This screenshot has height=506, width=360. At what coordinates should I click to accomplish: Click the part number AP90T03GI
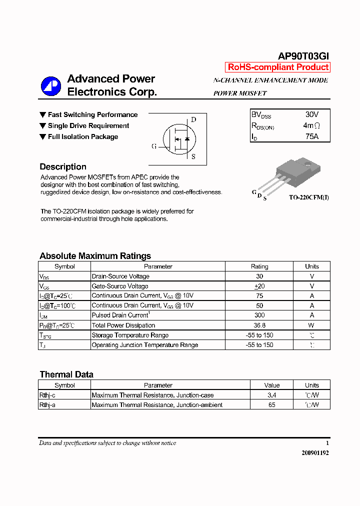tap(303, 56)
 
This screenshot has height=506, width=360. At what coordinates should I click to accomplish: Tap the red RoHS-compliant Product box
tap(278, 67)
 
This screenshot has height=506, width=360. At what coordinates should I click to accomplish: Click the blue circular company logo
tap(50, 86)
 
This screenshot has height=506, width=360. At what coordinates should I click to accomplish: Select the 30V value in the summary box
tap(311, 114)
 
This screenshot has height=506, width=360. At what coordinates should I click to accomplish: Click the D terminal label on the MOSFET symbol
tap(193, 119)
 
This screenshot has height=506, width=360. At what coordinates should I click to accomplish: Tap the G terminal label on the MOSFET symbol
tap(154, 146)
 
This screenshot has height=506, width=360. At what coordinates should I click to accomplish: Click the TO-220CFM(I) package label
tap(308, 197)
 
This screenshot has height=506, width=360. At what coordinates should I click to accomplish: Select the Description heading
tap(63, 167)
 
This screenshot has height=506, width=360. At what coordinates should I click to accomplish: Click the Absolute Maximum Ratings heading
tap(95, 256)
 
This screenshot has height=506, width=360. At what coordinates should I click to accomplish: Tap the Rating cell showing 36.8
tap(259, 325)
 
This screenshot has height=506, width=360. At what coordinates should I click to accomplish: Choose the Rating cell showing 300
tap(259, 315)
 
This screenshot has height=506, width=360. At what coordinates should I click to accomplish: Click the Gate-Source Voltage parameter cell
tap(120, 286)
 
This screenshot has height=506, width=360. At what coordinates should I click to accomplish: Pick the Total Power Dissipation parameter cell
tap(123, 325)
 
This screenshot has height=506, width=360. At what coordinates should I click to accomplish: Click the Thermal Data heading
tap(66, 374)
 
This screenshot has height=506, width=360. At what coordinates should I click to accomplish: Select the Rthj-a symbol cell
tap(47, 405)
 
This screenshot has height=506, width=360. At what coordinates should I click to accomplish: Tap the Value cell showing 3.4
tap(272, 395)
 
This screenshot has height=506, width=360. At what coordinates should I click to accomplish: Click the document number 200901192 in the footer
tap(315, 452)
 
